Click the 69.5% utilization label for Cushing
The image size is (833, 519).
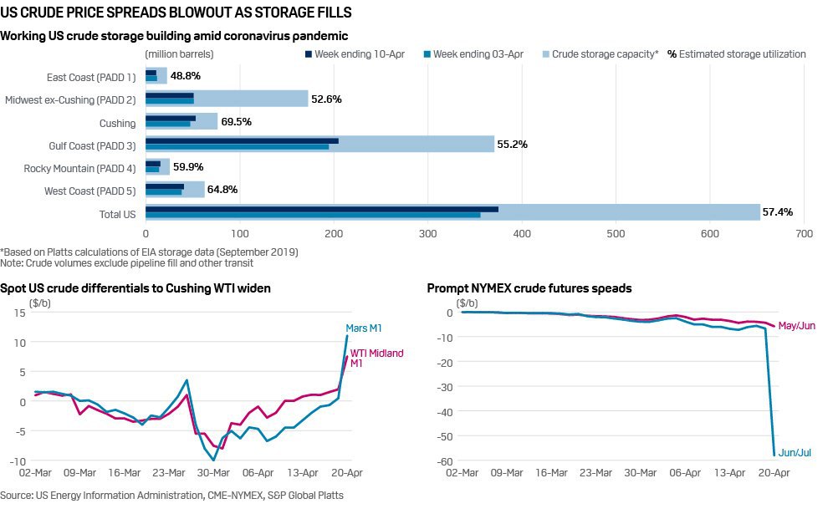point(235,122)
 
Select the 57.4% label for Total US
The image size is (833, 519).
point(777,212)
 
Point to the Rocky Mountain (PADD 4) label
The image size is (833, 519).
point(79,168)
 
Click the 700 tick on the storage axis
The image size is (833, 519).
point(805,235)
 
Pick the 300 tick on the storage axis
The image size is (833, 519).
point(428,235)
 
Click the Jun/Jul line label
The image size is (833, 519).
point(795,453)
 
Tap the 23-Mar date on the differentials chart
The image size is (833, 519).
point(170,472)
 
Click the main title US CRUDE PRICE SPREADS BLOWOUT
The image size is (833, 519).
point(176,13)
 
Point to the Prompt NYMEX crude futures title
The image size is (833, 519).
point(529,288)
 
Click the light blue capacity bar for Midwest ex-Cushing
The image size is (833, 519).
point(251,99)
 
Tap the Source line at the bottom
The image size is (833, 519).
point(171,496)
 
